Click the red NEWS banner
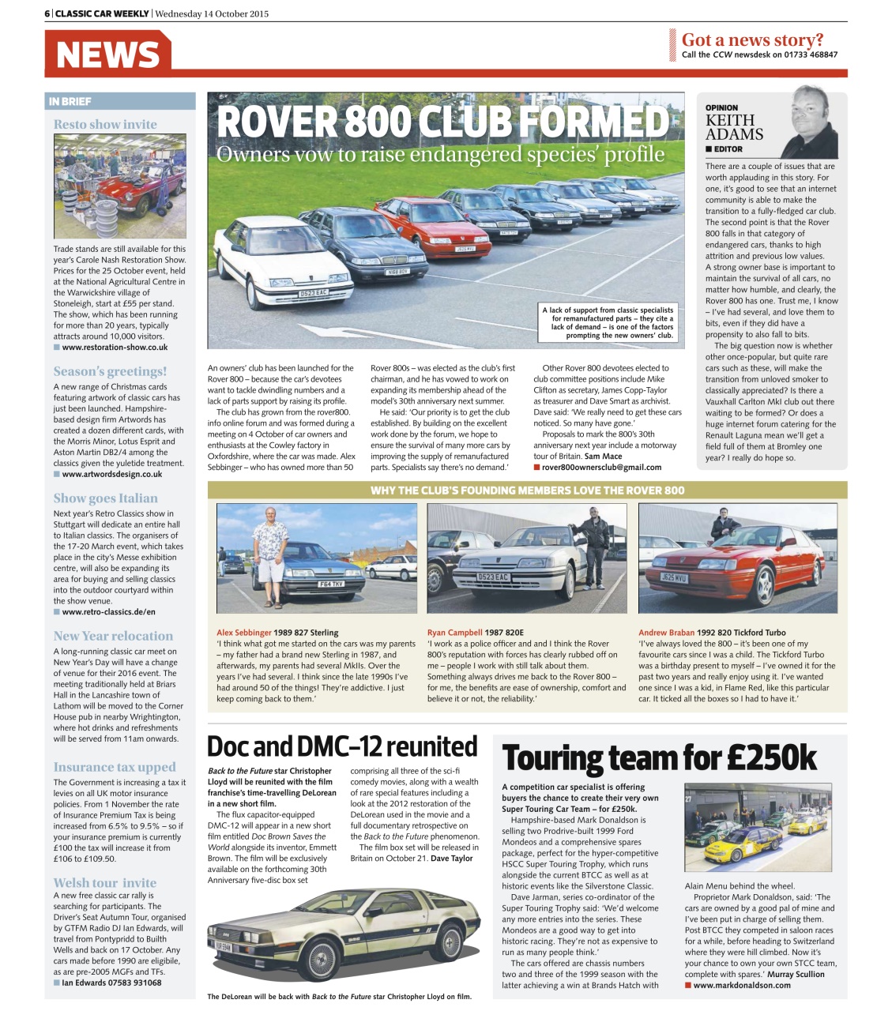pyautogui.click(x=108, y=54)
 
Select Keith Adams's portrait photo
pyautogui.click(x=811, y=122)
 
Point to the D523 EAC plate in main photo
pyautogui.click(x=313, y=293)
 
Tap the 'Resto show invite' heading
pyautogui.click(x=105, y=124)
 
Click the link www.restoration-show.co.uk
pyautogui.click(x=115, y=348)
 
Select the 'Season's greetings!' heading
pyautogui.click(x=110, y=371)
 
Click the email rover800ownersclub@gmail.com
pyautogui.click(x=601, y=468)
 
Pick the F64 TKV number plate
pyautogui.click(x=330, y=584)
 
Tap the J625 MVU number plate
pyautogui.click(x=674, y=578)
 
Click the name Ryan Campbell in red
pyautogui.click(x=454, y=633)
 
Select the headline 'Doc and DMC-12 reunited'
pyautogui.click(x=342, y=746)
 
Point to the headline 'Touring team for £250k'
pyautogui.click(x=659, y=757)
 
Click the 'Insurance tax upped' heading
pyautogui.click(x=115, y=767)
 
